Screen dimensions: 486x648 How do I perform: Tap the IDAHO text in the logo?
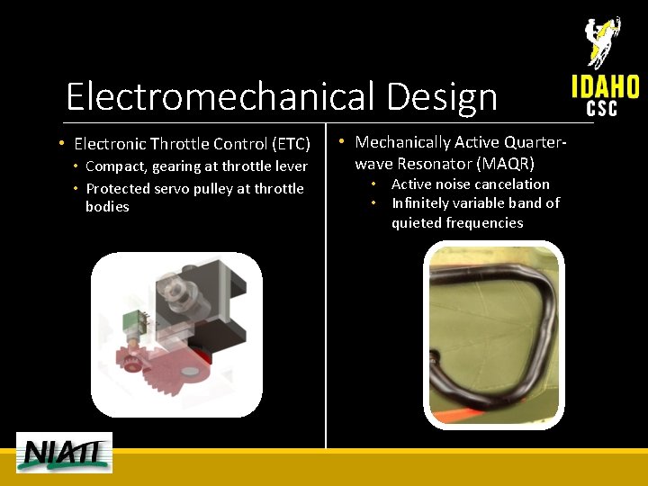click(605, 86)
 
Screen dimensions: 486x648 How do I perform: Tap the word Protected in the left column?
click(118, 189)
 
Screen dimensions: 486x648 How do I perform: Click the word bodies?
click(107, 207)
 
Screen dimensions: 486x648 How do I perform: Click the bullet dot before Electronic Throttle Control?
click(59, 144)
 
